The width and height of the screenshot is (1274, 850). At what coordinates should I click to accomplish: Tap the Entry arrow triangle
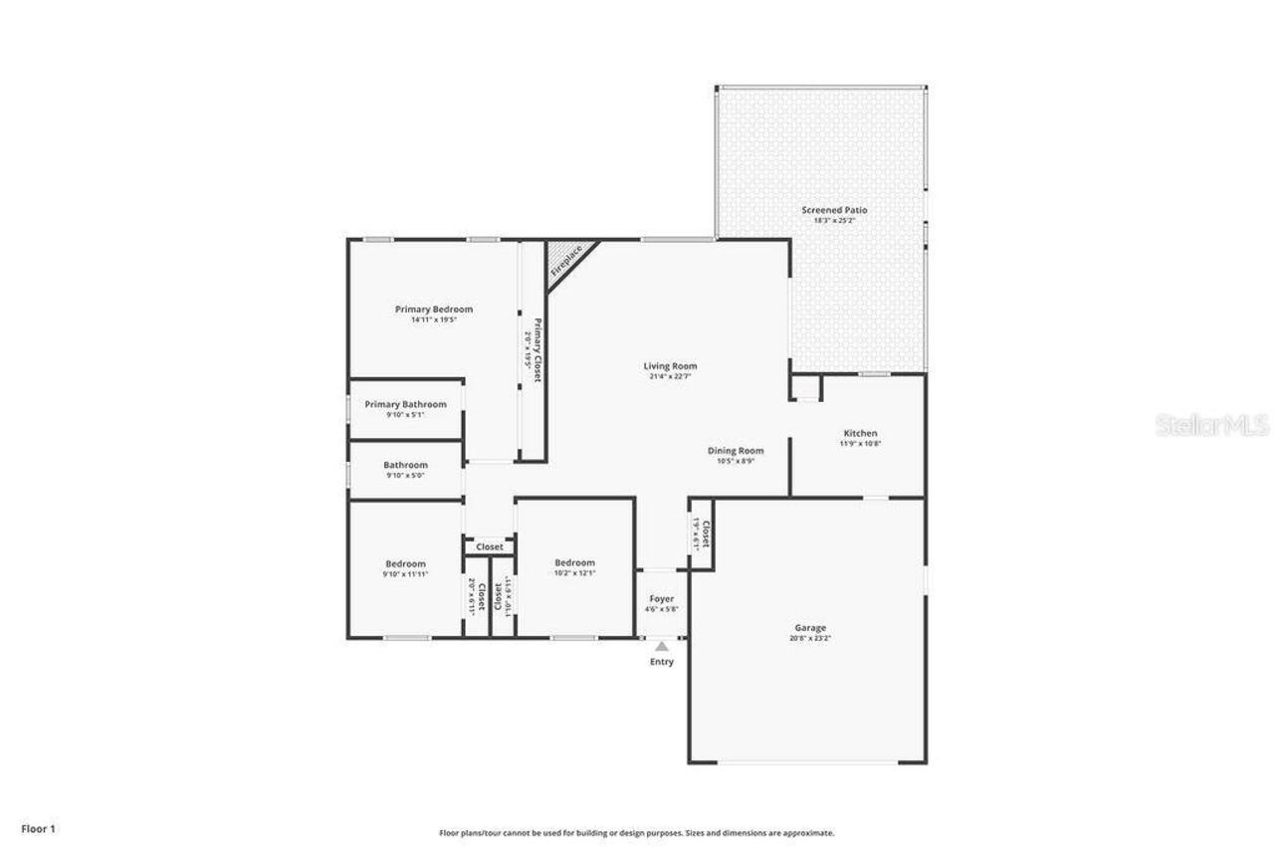click(x=662, y=647)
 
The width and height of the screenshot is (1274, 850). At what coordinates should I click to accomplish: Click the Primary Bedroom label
click(x=433, y=309)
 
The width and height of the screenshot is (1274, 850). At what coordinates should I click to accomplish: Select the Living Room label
click(x=670, y=365)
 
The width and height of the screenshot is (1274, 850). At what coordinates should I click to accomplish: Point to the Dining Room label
click(x=736, y=450)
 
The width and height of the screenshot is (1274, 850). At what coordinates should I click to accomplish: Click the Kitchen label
click(x=860, y=433)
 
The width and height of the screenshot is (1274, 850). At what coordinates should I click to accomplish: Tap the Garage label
click(x=809, y=628)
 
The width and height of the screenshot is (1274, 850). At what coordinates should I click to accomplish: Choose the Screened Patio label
click(x=834, y=210)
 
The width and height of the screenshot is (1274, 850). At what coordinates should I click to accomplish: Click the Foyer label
click(x=661, y=599)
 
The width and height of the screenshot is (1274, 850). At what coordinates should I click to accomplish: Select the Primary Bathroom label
click(x=405, y=404)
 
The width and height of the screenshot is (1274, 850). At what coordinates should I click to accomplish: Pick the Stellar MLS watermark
click(x=1211, y=426)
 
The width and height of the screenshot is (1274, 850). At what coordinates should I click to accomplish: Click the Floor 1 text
click(x=39, y=828)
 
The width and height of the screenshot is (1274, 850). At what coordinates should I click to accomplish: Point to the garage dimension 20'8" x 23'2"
click(x=809, y=639)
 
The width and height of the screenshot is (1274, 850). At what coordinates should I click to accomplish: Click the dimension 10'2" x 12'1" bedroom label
click(x=574, y=573)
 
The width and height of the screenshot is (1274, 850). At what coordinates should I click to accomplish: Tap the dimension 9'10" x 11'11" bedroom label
click(x=405, y=574)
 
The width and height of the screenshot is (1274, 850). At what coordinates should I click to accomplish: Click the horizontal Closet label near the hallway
click(x=489, y=546)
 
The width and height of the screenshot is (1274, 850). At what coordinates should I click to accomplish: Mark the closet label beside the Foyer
click(x=705, y=535)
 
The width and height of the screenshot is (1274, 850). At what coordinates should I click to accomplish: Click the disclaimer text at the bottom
click(x=636, y=833)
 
